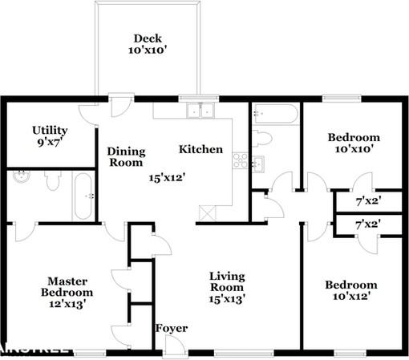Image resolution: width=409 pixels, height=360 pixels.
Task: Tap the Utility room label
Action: [x=50, y=136]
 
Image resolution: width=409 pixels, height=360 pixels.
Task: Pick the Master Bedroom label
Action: [x=67, y=292]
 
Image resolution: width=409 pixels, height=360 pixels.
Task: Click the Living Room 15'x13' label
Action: [x=227, y=287]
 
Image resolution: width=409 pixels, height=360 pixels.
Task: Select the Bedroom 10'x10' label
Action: [x=353, y=143]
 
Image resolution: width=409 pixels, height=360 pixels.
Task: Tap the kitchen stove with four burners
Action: [x=238, y=160]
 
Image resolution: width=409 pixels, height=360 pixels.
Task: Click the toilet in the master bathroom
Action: [x=53, y=183]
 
